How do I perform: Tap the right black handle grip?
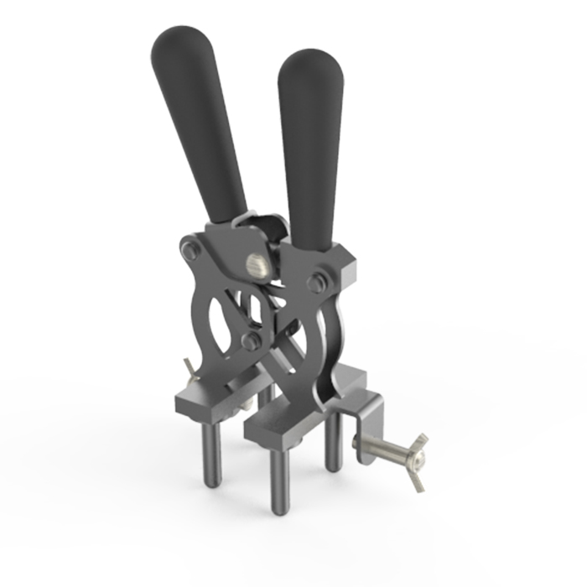(310, 143)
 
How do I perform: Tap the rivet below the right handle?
(316, 281)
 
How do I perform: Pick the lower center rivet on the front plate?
(250, 340)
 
